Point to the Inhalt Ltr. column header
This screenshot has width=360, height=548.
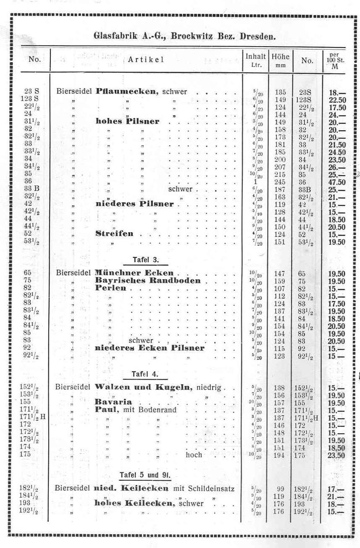point(256,61)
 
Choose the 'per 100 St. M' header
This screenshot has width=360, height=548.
point(335,61)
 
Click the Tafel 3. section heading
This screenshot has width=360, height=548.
point(145,260)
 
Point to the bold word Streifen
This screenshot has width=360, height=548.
point(114,234)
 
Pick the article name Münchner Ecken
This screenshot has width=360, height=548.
point(134,273)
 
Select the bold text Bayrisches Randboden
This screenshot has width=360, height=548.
point(148,281)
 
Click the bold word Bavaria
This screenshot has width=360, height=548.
point(113,402)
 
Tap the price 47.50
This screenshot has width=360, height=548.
point(337,183)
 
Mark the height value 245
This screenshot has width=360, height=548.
point(280,183)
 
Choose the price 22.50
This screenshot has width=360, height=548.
point(337,99)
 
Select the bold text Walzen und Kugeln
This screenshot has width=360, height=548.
point(145,387)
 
